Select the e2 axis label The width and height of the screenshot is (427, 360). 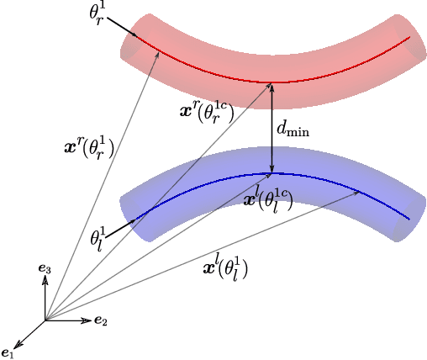pos(100,320)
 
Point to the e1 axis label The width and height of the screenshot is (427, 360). pos(8,352)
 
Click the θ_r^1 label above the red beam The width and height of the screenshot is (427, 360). pos(98,15)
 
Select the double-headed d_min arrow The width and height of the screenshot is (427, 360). pos(271,128)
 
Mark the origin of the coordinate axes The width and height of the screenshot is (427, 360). pos(45,320)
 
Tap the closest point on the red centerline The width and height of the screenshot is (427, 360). pos(271,82)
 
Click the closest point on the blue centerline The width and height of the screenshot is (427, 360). pos(271,173)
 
